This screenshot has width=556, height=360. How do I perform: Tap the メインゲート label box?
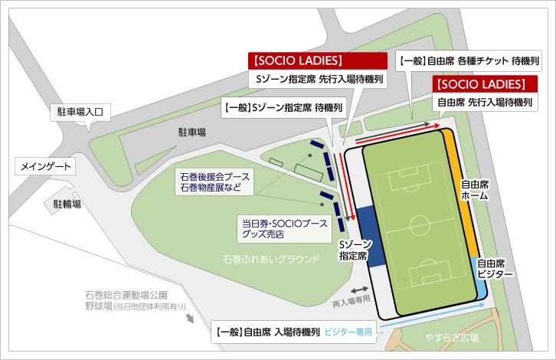47,166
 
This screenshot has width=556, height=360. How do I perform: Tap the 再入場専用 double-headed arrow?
358,290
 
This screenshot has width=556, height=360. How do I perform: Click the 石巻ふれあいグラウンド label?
270,259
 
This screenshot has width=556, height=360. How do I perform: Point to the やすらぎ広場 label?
452,337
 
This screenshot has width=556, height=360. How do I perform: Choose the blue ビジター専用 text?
348,332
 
